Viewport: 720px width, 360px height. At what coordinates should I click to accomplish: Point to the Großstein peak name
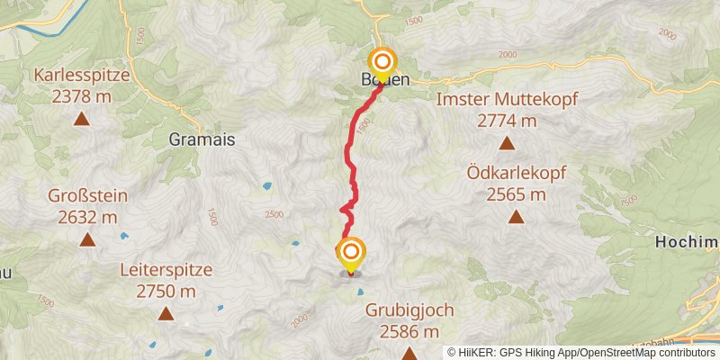[88, 196]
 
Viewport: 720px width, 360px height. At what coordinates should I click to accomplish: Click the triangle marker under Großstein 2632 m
[87, 239]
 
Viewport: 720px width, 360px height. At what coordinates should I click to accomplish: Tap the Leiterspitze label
[166, 270]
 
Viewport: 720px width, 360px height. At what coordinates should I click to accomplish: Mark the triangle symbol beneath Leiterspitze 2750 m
[166, 313]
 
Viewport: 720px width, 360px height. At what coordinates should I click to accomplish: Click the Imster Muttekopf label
[506, 100]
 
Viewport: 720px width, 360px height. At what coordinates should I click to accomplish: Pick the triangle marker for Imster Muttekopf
[507, 142]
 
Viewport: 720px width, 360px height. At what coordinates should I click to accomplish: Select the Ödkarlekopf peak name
[516, 172]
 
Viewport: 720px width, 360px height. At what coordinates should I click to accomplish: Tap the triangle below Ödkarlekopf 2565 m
[516, 216]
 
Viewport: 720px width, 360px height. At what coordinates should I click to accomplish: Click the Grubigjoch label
[409, 310]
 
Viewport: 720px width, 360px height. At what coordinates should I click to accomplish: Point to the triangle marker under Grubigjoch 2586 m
[409, 353]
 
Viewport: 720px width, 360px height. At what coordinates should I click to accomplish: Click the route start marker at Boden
[383, 62]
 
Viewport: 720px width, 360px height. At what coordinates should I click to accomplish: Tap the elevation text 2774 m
[506, 121]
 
